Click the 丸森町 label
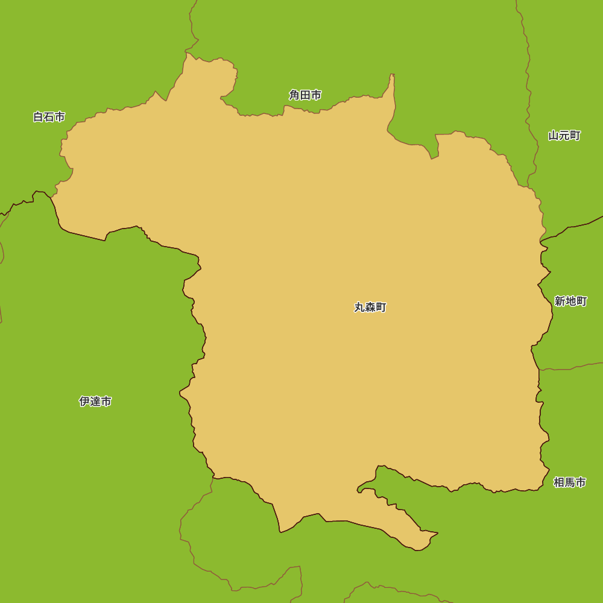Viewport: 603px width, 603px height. tap(370, 308)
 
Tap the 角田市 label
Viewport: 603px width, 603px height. tap(305, 95)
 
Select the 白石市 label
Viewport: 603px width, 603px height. tap(49, 117)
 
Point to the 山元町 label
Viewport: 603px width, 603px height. tap(564, 136)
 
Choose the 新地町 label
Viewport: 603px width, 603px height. tap(570, 301)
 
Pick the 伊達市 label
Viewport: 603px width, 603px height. tap(95, 402)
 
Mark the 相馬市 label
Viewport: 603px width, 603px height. tap(570, 482)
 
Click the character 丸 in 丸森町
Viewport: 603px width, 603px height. tap(359, 308)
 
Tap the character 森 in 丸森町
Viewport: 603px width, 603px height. tap(370, 308)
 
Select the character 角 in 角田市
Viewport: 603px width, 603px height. tap(294, 95)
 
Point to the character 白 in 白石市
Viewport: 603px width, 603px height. tap(39, 117)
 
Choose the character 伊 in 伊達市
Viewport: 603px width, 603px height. tap(84, 402)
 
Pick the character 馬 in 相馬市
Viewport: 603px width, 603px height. tap(570, 482)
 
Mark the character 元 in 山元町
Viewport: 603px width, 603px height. tap(564, 136)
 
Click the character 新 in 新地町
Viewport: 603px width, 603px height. tap(560, 301)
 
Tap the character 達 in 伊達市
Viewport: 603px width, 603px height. tap(95, 402)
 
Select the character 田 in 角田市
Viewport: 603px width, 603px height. tap(305, 95)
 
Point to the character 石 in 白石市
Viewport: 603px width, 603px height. tap(49, 117)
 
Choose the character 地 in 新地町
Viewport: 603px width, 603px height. tap(570, 301)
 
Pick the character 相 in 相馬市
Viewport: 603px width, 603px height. tap(559, 482)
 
